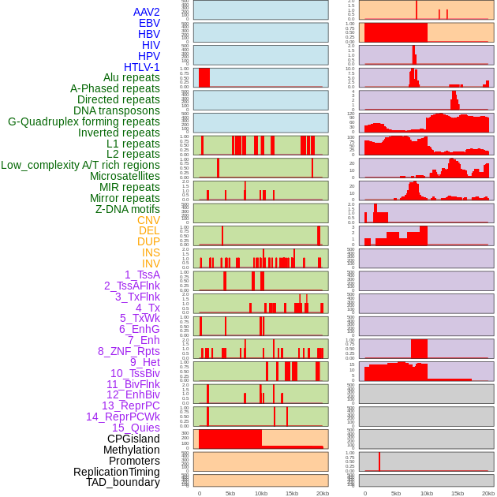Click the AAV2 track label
(147, 12)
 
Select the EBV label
(149, 23)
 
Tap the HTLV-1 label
(142, 67)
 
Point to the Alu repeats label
(126, 78)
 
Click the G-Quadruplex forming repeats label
(84, 121)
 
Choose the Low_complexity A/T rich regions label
(80, 165)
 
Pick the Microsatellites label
(125, 176)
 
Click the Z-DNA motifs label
(127, 209)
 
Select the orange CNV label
(148, 220)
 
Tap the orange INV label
(151, 263)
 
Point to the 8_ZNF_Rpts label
(129, 351)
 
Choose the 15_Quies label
(136, 428)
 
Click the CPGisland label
(133, 439)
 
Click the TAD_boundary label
(123, 482)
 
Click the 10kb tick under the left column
(261, 493)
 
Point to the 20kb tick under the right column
(488, 493)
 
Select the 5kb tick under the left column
(230, 493)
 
